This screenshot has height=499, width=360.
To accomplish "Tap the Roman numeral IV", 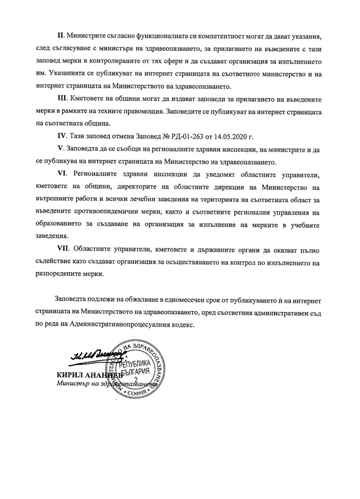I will coord(61,137).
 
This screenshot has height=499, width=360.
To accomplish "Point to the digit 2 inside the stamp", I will coord(137,380).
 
